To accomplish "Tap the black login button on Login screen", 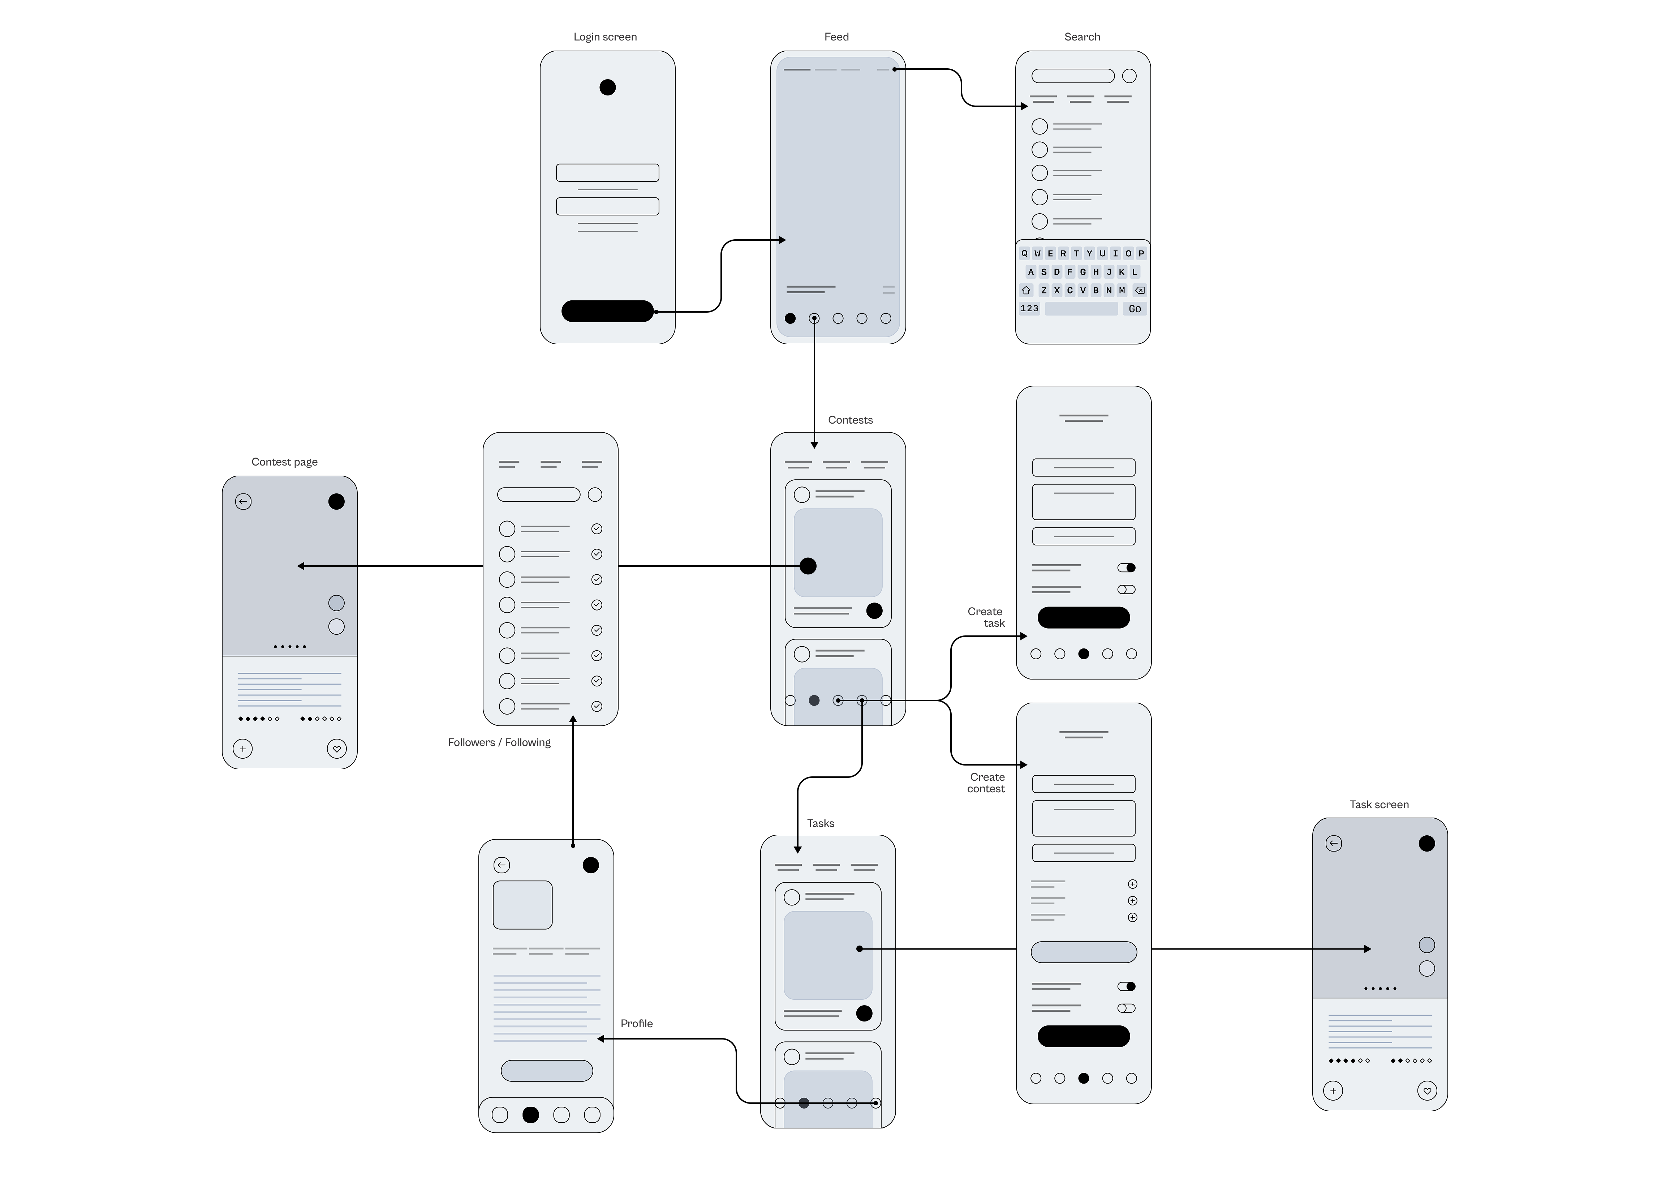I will [x=607, y=311].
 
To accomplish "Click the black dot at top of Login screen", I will [x=607, y=88].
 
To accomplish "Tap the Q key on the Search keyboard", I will [x=1024, y=253].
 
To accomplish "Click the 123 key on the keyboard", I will [x=1029, y=309].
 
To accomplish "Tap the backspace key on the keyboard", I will [x=1139, y=290].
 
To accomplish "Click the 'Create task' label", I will [x=986, y=617].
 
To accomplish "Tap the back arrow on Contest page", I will [x=243, y=502].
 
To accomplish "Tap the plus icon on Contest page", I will [x=242, y=749].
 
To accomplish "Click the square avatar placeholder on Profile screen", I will [x=522, y=905].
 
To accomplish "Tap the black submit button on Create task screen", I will [x=1083, y=617].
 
